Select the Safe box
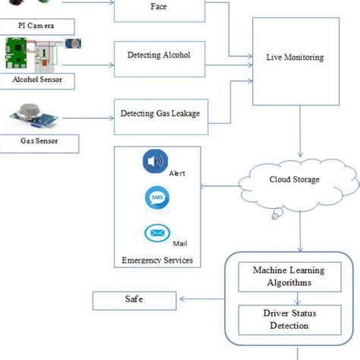(134, 300)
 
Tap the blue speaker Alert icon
(155, 163)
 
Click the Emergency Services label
(156, 261)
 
